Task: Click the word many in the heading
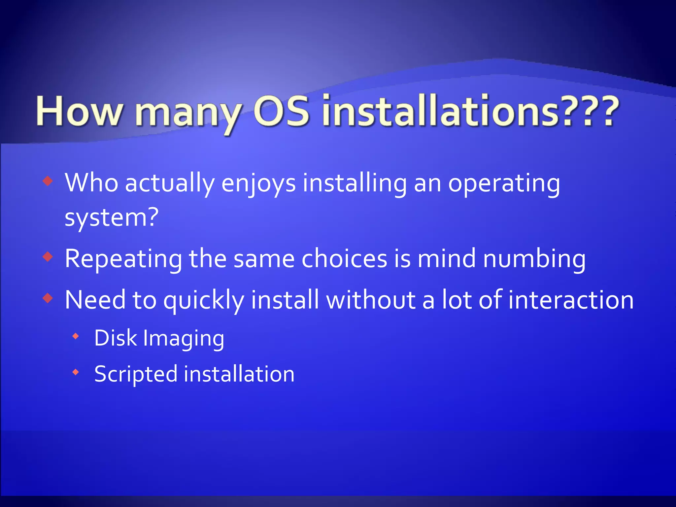(x=188, y=114)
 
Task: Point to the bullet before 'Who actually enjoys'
(x=48, y=181)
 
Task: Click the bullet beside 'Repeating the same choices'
(x=48, y=256)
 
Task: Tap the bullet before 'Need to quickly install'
(x=48, y=298)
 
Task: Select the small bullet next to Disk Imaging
(x=76, y=337)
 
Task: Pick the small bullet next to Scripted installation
(x=76, y=372)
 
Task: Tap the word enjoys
(x=258, y=184)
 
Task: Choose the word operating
(x=504, y=184)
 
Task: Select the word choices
(x=344, y=258)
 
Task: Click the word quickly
(x=204, y=301)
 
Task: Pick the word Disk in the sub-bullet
(x=116, y=338)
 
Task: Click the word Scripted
(x=136, y=374)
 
